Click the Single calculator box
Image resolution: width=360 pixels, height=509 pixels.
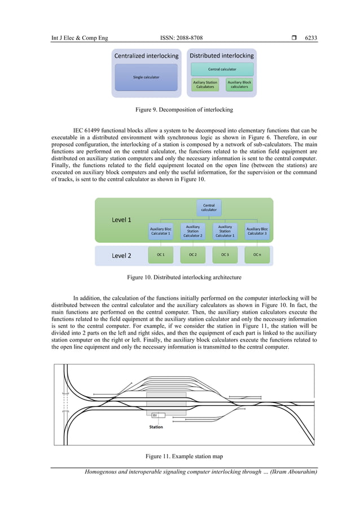click(x=146, y=77)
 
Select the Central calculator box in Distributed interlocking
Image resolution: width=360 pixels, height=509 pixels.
click(x=222, y=69)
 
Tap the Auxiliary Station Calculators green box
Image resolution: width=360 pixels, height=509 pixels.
click(x=205, y=85)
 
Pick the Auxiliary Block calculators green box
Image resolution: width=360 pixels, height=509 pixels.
click(x=239, y=85)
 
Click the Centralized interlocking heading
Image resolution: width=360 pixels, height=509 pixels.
click(x=146, y=56)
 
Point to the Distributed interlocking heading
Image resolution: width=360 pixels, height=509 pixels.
click(x=222, y=56)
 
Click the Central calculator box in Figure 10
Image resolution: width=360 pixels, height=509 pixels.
click(x=209, y=207)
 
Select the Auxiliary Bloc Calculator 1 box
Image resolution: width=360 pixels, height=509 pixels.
click(x=161, y=231)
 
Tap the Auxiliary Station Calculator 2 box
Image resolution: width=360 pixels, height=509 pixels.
click(x=193, y=231)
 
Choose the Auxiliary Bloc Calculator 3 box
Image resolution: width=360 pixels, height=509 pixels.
click(x=257, y=231)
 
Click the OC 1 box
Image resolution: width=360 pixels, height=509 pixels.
click(x=161, y=255)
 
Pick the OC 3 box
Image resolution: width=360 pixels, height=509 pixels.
click(x=225, y=255)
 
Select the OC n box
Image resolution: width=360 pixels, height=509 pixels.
click(x=257, y=255)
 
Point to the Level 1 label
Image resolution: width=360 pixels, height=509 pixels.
click(x=122, y=220)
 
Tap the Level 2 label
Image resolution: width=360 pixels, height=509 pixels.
click(x=122, y=256)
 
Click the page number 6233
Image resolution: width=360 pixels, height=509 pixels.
click(x=311, y=38)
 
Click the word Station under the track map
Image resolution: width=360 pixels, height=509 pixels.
click(x=156, y=427)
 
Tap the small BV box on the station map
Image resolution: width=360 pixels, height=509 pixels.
click(x=155, y=415)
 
